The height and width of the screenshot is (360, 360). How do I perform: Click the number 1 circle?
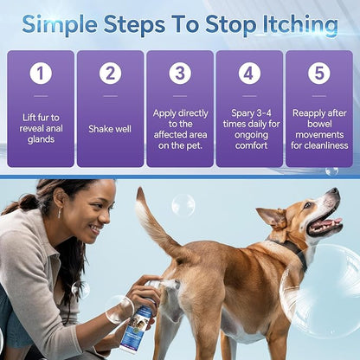41,74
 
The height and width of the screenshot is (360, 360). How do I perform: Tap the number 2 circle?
110,74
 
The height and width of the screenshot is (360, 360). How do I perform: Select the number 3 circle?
180,74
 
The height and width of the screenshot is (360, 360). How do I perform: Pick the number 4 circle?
249,74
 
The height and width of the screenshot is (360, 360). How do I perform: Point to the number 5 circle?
318,74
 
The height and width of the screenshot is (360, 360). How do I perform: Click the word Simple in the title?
64,24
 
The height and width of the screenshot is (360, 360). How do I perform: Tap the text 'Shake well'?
110,129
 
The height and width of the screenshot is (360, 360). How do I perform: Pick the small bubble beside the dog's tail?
183,205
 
